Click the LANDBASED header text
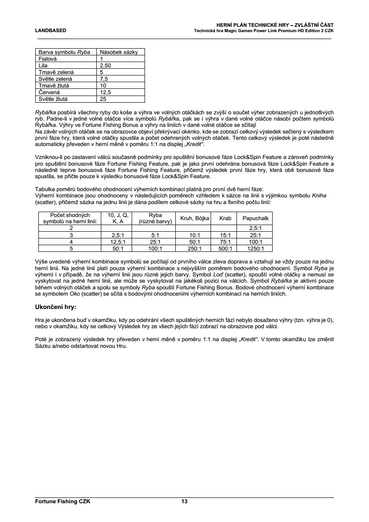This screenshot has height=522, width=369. coord(50,30)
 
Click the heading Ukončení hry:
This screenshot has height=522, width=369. coord(55,308)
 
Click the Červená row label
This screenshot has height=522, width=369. coord(49,92)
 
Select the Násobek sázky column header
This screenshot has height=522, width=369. coord(119,52)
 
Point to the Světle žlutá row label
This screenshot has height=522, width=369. coord(53,99)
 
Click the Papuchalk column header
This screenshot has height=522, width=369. coord(255,218)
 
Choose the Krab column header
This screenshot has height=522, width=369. coord(225,218)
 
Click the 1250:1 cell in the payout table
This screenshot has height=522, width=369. coord(255,249)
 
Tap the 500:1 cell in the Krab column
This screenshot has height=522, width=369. coord(225,249)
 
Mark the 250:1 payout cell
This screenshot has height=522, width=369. coord(194,249)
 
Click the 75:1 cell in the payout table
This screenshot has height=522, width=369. coord(225,242)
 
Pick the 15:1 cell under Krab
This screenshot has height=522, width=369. coord(225,235)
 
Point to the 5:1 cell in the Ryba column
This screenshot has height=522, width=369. coord(155,235)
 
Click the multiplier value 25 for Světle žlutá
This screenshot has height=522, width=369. coord(103,99)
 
